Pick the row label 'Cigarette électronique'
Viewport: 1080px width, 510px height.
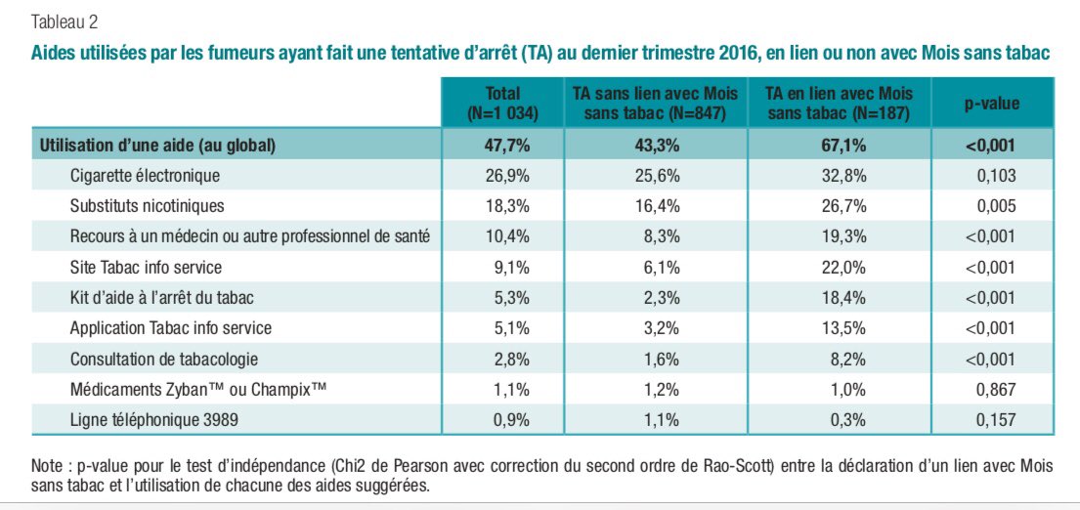coord(145,176)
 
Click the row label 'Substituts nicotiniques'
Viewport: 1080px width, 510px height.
coord(147,206)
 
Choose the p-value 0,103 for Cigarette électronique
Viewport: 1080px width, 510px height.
coord(997,176)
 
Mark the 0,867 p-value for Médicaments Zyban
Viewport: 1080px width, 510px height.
coord(997,389)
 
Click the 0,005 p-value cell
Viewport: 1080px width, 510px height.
coord(997,206)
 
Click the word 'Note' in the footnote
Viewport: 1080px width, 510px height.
coord(48,466)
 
